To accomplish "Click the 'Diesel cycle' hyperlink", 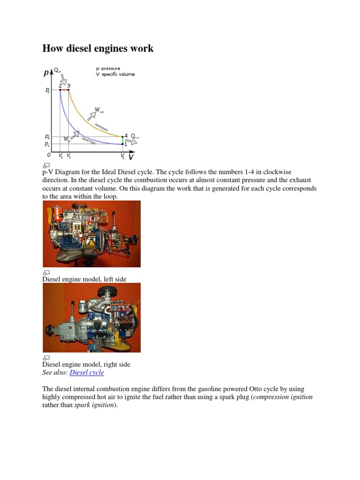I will point(87,373).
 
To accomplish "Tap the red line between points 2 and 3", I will point(64,90).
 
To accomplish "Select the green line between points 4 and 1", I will point(122,140).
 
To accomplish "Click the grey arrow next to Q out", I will point(132,141).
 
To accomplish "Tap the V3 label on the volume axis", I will point(69,156).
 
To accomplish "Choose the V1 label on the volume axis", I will point(122,156).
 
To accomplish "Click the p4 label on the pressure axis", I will point(47,136).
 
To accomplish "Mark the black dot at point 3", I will point(69,90).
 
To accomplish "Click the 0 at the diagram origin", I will point(48,154).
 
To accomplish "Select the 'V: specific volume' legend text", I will point(115,74).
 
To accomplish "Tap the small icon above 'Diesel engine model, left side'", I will point(46,272).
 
